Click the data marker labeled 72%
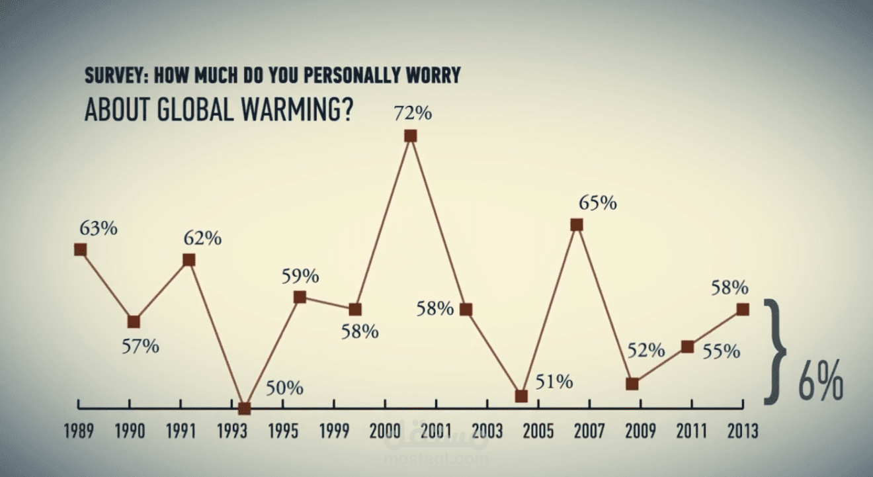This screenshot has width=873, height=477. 410,136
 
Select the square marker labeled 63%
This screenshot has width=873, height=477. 81,249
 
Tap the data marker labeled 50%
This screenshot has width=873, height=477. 245,408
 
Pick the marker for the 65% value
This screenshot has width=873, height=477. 577,225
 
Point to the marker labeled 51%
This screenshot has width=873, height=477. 521,396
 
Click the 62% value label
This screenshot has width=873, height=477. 202,238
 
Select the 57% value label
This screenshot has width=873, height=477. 140,345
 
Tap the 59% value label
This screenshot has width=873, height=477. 300,275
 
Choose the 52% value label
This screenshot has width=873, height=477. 645,351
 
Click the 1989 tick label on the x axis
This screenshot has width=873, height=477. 79,431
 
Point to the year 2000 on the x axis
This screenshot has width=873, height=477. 384,431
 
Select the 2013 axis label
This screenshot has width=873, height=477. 743,431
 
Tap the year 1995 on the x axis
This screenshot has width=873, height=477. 282,431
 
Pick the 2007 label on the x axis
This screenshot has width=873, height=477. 589,431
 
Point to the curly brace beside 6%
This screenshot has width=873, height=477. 776,351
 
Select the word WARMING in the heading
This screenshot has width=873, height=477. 287,110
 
